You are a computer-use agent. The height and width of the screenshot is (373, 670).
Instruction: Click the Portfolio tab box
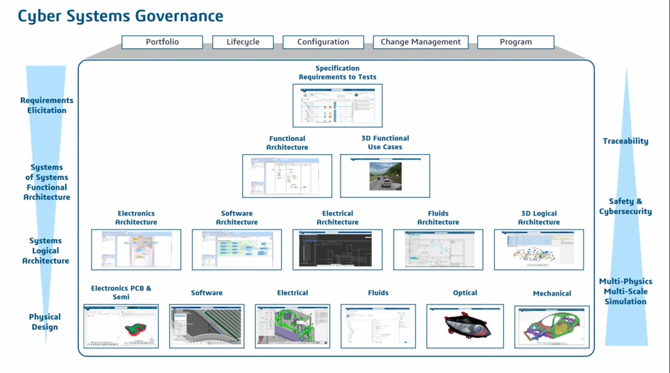pos(162,42)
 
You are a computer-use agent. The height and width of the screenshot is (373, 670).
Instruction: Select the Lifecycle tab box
pos(243,42)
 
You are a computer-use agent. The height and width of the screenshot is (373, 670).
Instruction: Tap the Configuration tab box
pos(323,42)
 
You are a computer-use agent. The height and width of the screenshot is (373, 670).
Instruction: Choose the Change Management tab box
pos(420,42)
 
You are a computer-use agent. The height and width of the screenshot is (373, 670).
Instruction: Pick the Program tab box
pos(516,42)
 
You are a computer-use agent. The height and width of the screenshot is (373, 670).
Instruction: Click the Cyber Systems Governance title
pos(121,15)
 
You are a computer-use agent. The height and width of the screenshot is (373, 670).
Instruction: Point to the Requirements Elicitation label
pos(47,105)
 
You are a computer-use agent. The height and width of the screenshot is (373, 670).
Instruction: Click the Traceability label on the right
pos(625,141)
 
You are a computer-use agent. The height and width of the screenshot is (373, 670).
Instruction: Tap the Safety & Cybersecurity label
pos(625,206)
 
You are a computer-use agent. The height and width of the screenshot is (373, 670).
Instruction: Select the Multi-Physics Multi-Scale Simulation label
pos(625,291)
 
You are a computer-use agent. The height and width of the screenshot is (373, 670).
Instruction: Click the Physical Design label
pos(45,321)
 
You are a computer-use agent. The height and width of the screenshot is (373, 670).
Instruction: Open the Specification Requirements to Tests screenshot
pos(337,105)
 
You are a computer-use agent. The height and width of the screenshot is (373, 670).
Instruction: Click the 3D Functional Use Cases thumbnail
pos(385,176)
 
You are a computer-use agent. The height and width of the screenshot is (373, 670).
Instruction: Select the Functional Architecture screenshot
pos(287,176)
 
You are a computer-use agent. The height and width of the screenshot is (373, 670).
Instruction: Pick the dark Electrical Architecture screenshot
pos(337,250)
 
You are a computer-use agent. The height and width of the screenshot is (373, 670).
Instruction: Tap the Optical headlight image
pos(465,326)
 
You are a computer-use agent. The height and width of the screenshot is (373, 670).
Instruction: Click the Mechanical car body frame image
pos(551,326)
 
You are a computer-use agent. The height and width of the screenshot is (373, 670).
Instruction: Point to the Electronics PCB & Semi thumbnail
pos(121,326)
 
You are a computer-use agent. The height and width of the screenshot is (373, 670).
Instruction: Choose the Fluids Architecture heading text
pos(438,218)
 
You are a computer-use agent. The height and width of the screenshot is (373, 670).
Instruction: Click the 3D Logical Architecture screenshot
pos(539,250)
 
